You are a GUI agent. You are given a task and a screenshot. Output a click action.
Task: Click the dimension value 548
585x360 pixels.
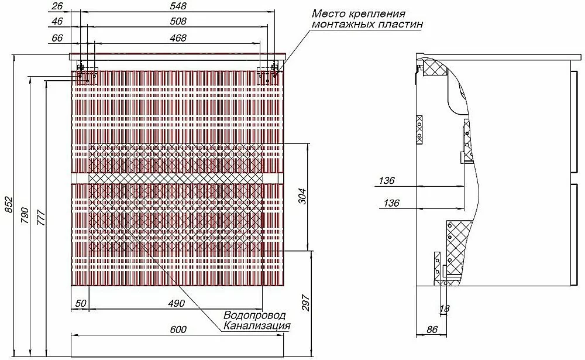pyautogui.click(x=178, y=6)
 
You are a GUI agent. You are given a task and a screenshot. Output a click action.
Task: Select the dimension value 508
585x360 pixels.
pyautogui.click(x=178, y=21)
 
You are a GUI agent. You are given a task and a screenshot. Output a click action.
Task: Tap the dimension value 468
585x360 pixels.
pyautogui.click(x=178, y=38)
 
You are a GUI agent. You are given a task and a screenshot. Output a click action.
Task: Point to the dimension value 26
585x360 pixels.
pyautogui.click(x=57, y=6)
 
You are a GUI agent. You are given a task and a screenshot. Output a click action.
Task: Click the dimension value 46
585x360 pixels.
pyautogui.click(x=57, y=21)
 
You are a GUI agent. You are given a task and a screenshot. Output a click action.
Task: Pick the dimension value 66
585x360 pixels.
pyautogui.click(x=57, y=38)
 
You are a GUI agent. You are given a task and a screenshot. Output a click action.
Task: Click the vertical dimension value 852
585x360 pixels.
pyautogui.click(x=9, y=205)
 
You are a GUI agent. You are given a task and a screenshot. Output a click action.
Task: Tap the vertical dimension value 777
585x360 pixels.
pyautogui.click(x=41, y=218)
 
